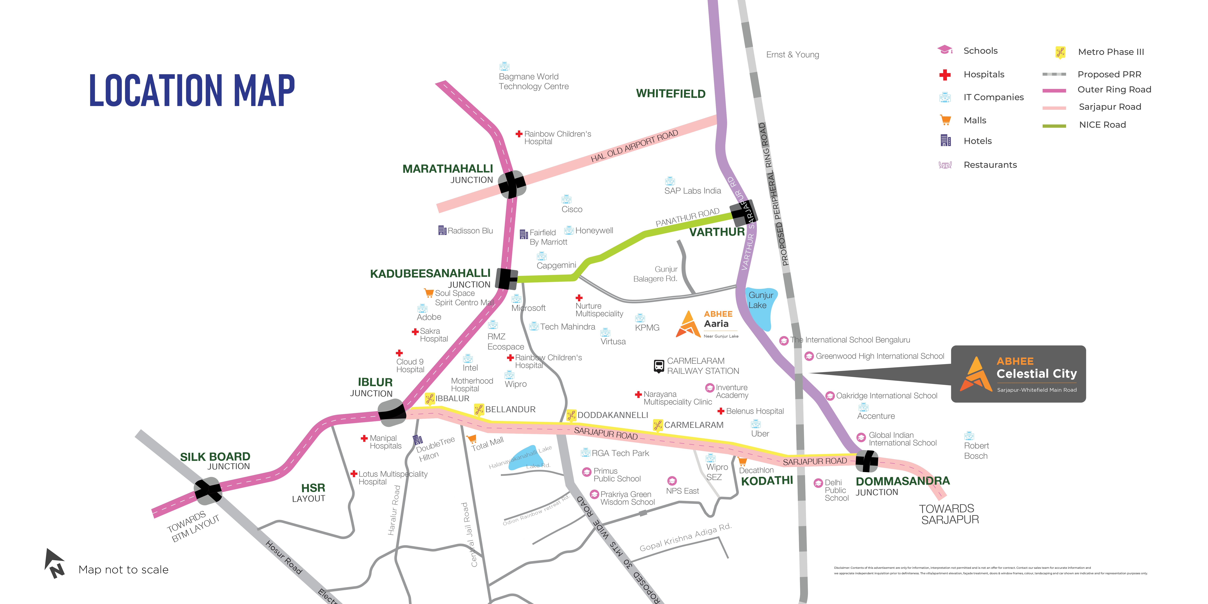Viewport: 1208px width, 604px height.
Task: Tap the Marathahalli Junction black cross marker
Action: [x=512, y=184]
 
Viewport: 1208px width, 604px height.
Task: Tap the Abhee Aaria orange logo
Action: [x=688, y=324]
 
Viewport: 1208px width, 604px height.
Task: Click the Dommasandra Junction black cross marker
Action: [x=867, y=461]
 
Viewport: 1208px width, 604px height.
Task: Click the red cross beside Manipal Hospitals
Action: [x=364, y=438]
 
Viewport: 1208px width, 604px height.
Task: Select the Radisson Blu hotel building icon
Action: [x=442, y=230]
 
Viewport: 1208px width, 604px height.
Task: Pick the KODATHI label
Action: [x=767, y=481]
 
